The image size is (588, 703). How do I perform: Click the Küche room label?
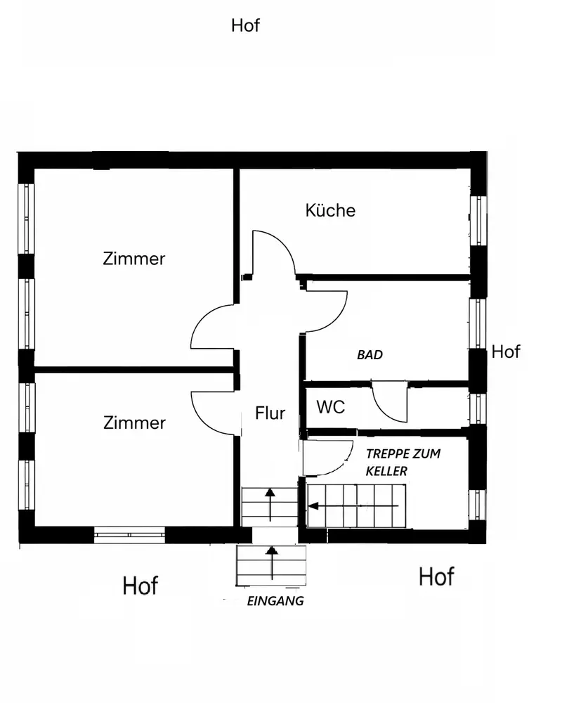[330, 210]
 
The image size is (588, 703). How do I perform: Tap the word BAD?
[370, 355]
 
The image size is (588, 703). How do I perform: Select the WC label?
[330, 407]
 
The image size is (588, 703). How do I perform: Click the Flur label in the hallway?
[270, 413]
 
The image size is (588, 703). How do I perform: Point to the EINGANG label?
[275, 601]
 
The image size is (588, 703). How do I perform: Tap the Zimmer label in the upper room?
[134, 259]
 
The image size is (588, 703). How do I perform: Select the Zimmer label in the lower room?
[134, 423]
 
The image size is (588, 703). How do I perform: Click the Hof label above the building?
[245, 26]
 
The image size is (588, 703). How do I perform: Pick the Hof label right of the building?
[506, 351]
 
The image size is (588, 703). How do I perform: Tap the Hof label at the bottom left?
[141, 585]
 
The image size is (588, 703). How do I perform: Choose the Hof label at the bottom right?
[436, 576]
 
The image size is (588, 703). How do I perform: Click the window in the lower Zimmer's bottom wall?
[129, 534]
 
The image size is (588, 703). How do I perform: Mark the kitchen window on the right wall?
[478, 220]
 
